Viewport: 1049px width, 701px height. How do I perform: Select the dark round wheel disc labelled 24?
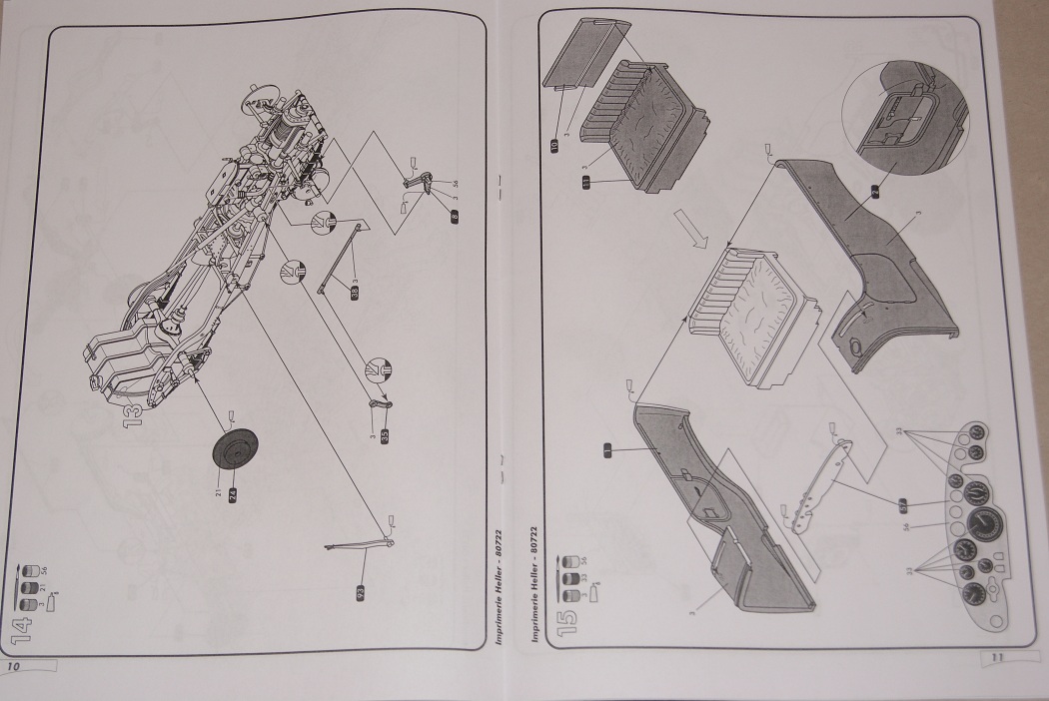click(233, 452)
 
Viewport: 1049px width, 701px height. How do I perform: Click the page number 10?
click(16, 663)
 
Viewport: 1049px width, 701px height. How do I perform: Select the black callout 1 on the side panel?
click(605, 450)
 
